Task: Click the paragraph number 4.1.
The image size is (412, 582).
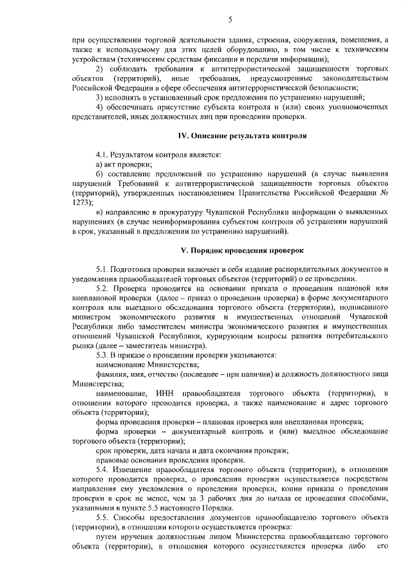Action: (102, 156)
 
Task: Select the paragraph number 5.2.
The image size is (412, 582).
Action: (103, 289)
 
